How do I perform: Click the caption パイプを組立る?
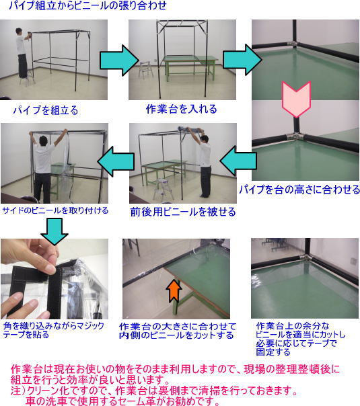coord(45,109)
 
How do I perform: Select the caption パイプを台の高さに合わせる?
coord(299,190)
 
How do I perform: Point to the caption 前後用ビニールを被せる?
coord(183,212)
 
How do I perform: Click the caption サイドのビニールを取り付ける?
coord(55,210)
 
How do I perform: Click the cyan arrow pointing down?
coord(54,230)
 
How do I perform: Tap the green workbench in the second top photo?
coord(184,67)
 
